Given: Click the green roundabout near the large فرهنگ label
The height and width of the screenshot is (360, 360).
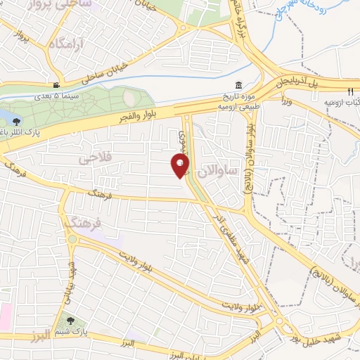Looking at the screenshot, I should coord(72,240).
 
